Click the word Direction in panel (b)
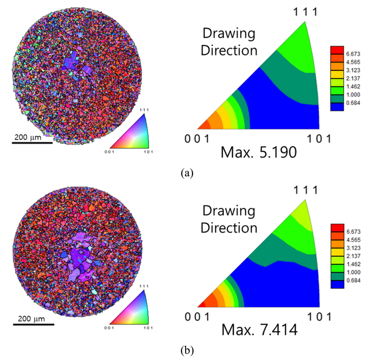[x=230, y=227]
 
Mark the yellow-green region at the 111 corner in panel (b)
[x=304, y=211]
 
